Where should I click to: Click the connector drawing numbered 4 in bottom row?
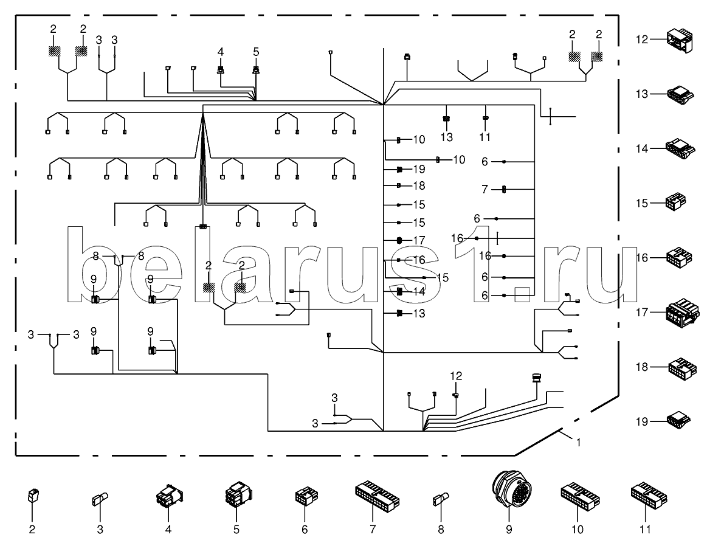click(x=168, y=498)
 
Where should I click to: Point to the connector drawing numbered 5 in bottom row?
click(x=236, y=497)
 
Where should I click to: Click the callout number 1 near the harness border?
click(x=578, y=443)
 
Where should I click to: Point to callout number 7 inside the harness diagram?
click(x=485, y=190)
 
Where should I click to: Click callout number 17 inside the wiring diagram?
click(x=419, y=240)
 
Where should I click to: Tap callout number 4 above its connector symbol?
click(x=221, y=52)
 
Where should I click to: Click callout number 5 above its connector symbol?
click(x=256, y=52)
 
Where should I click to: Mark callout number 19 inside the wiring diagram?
click(x=419, y=168)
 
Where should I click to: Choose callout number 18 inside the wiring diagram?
click(x=419, y=185)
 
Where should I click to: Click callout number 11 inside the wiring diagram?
click(x=485, y=137)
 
